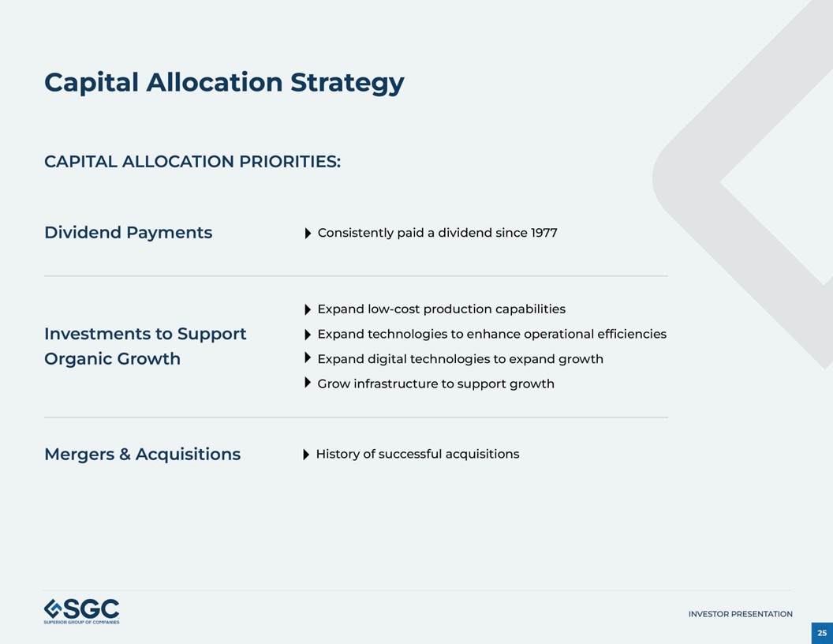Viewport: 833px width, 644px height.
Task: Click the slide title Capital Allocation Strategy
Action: (224, 82)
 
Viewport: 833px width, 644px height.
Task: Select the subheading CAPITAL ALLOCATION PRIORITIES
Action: (192, 162)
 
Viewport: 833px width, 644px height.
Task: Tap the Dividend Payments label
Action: (128, 233)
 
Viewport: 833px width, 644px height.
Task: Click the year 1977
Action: (544, 233)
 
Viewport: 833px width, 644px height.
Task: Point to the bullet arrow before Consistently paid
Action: (308, 234)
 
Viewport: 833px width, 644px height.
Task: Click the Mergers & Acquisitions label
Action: (142, 455)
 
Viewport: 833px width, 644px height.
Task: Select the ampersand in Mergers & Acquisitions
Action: (125, 455)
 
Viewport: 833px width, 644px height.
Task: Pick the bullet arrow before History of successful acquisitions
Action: (306, 455)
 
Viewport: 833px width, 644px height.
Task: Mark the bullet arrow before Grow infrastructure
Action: (308, 384)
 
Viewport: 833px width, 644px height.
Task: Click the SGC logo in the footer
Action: (82, 611)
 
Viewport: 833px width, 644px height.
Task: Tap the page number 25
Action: (822, 633)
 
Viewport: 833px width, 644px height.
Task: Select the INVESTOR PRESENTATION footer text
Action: (740, 614)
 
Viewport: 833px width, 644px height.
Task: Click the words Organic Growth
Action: (112, 359)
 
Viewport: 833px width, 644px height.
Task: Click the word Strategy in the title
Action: (347, 82)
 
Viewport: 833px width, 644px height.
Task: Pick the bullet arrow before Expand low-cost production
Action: (308, 309)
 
